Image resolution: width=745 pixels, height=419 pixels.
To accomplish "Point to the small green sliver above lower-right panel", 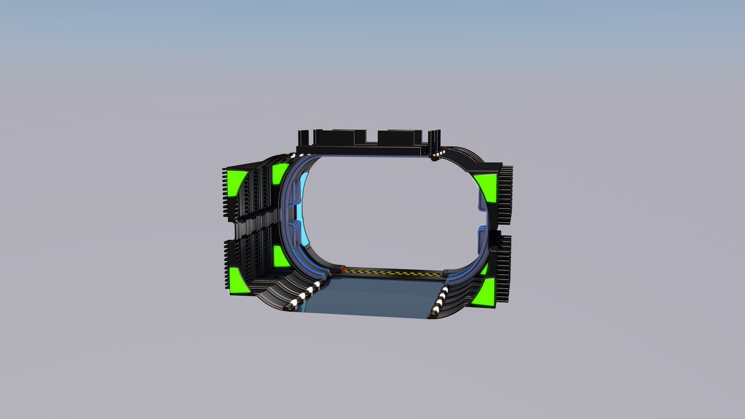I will point(484,268).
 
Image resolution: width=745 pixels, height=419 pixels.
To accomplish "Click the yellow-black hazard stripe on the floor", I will point(392,273).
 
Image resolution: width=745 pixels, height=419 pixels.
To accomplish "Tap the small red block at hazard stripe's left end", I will point(343,268).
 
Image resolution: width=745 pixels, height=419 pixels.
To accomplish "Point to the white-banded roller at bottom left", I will point(303,297).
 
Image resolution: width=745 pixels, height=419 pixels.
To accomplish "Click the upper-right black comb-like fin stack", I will point(505,194).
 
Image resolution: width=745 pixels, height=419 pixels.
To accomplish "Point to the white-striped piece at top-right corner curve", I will point(437,156).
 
